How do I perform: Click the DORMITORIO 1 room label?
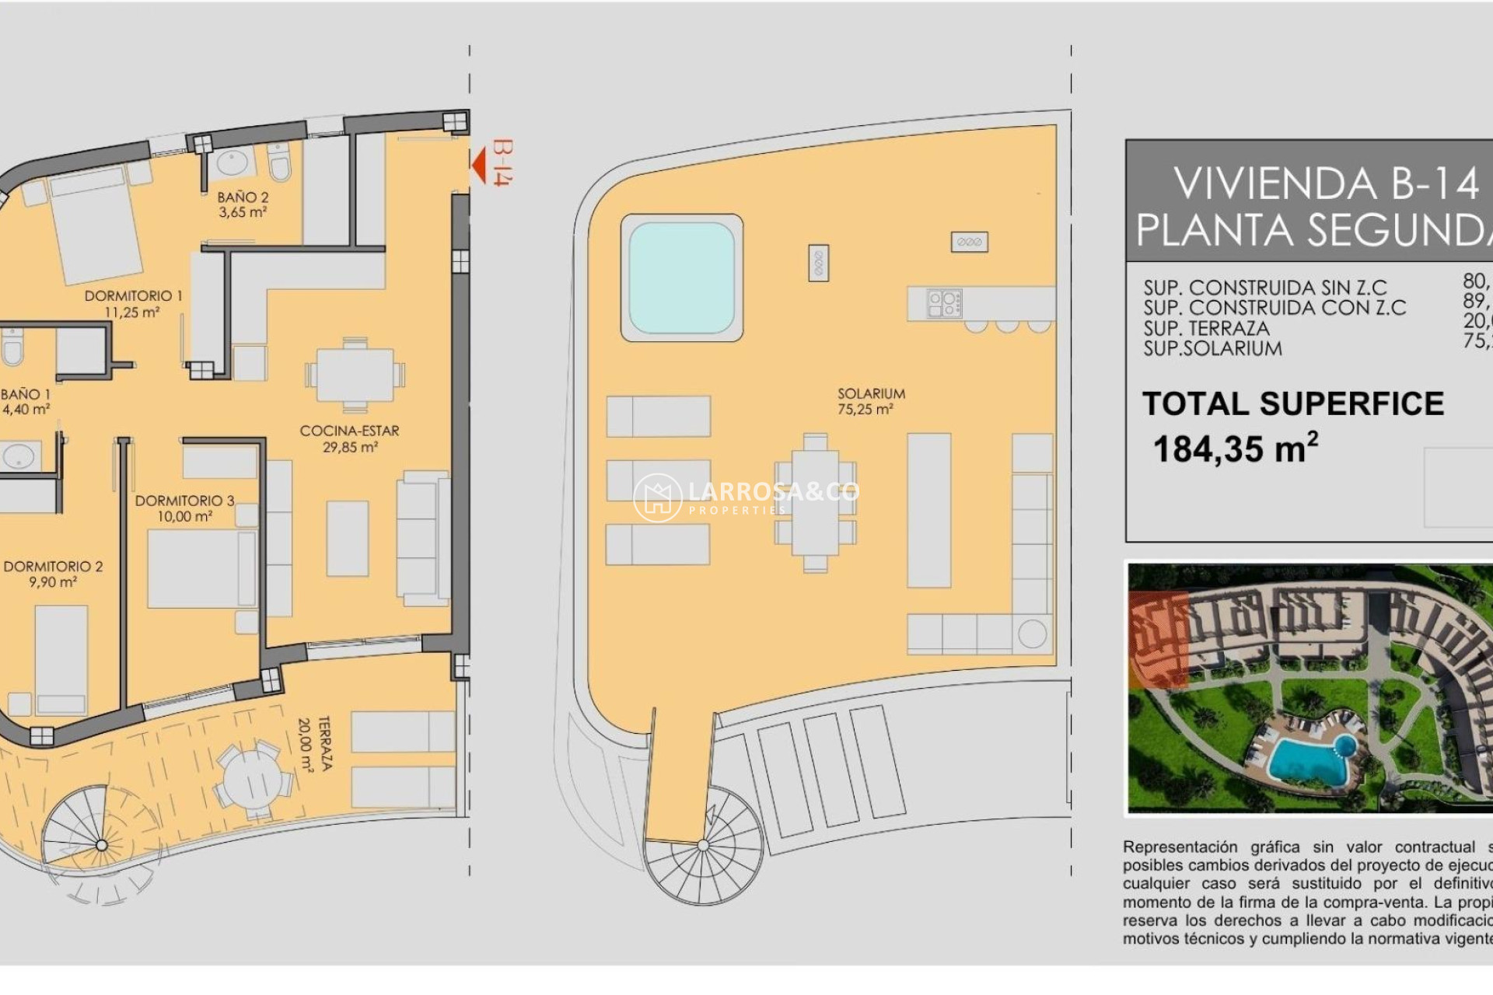point(133,296)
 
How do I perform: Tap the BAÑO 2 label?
point(243,198)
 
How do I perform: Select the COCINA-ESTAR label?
point(349,431)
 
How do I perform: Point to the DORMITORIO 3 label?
point(184,501)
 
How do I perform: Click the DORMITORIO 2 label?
point(53,567)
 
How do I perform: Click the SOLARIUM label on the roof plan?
point(871,394)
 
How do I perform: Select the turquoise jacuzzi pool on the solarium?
point(681,278)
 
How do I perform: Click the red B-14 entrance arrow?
point(479,164)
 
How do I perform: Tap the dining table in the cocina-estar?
point(355,375)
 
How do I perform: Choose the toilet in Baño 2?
point(279,161)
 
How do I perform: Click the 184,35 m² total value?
point(1235,449)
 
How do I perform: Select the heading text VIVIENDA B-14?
point(1325,184)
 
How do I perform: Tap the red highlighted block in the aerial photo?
point(1159,640)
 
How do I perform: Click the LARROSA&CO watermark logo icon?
point(658,497)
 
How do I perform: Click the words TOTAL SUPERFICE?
point(1292,404)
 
